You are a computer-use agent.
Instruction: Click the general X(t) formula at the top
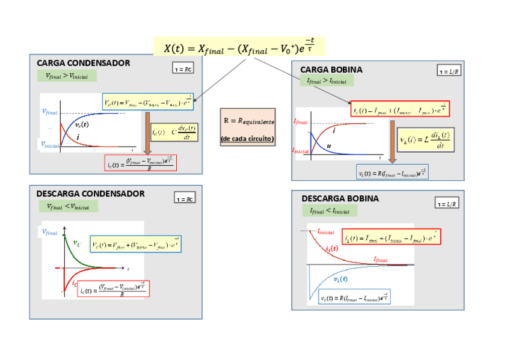[239, 47]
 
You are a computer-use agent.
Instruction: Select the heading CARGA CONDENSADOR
[83, 63]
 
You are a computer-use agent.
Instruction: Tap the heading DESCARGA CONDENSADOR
[90, 194]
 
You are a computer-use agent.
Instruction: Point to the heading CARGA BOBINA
[331, 70]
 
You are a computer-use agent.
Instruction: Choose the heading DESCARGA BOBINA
[340, 198]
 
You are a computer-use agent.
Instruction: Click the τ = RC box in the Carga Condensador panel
[183, 69]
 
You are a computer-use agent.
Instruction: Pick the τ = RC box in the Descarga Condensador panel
[185, 198]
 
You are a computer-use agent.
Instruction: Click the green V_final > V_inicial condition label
[66, 76]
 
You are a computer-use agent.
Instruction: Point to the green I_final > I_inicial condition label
[327, 81]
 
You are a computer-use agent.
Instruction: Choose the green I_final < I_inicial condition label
[329, 211]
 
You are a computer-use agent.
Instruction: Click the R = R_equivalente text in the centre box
[248, 121]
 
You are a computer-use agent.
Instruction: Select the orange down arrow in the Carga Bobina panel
[392, 142]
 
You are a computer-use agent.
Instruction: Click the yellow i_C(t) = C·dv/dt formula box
[174, 132]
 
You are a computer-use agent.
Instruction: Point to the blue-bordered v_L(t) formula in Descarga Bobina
[354, 297]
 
